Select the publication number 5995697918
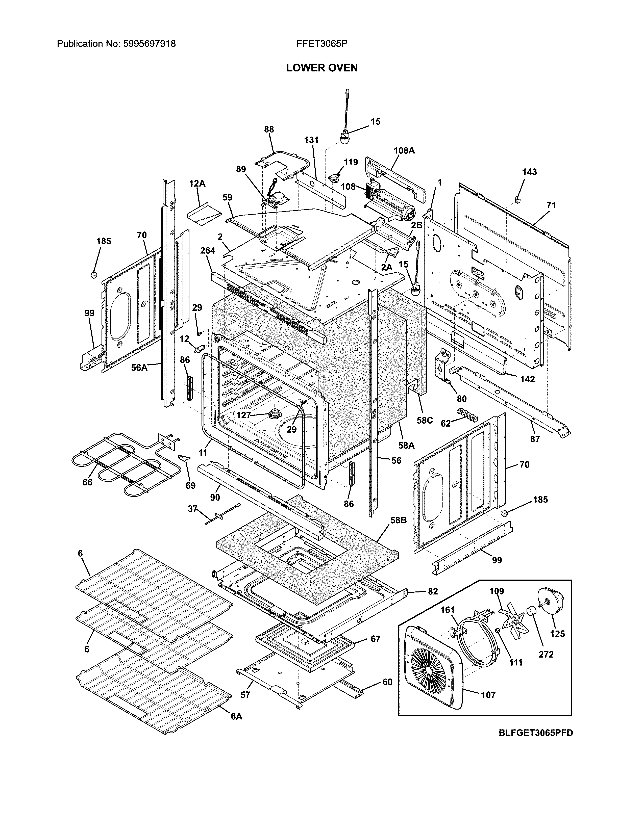click(149, 44)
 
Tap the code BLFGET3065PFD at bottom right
click(536, 733)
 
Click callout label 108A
click(404, 151)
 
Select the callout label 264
click(208, 251)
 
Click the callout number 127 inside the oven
click(244, 415)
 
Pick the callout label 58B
click(398, 520)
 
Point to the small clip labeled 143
click(517, 199)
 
